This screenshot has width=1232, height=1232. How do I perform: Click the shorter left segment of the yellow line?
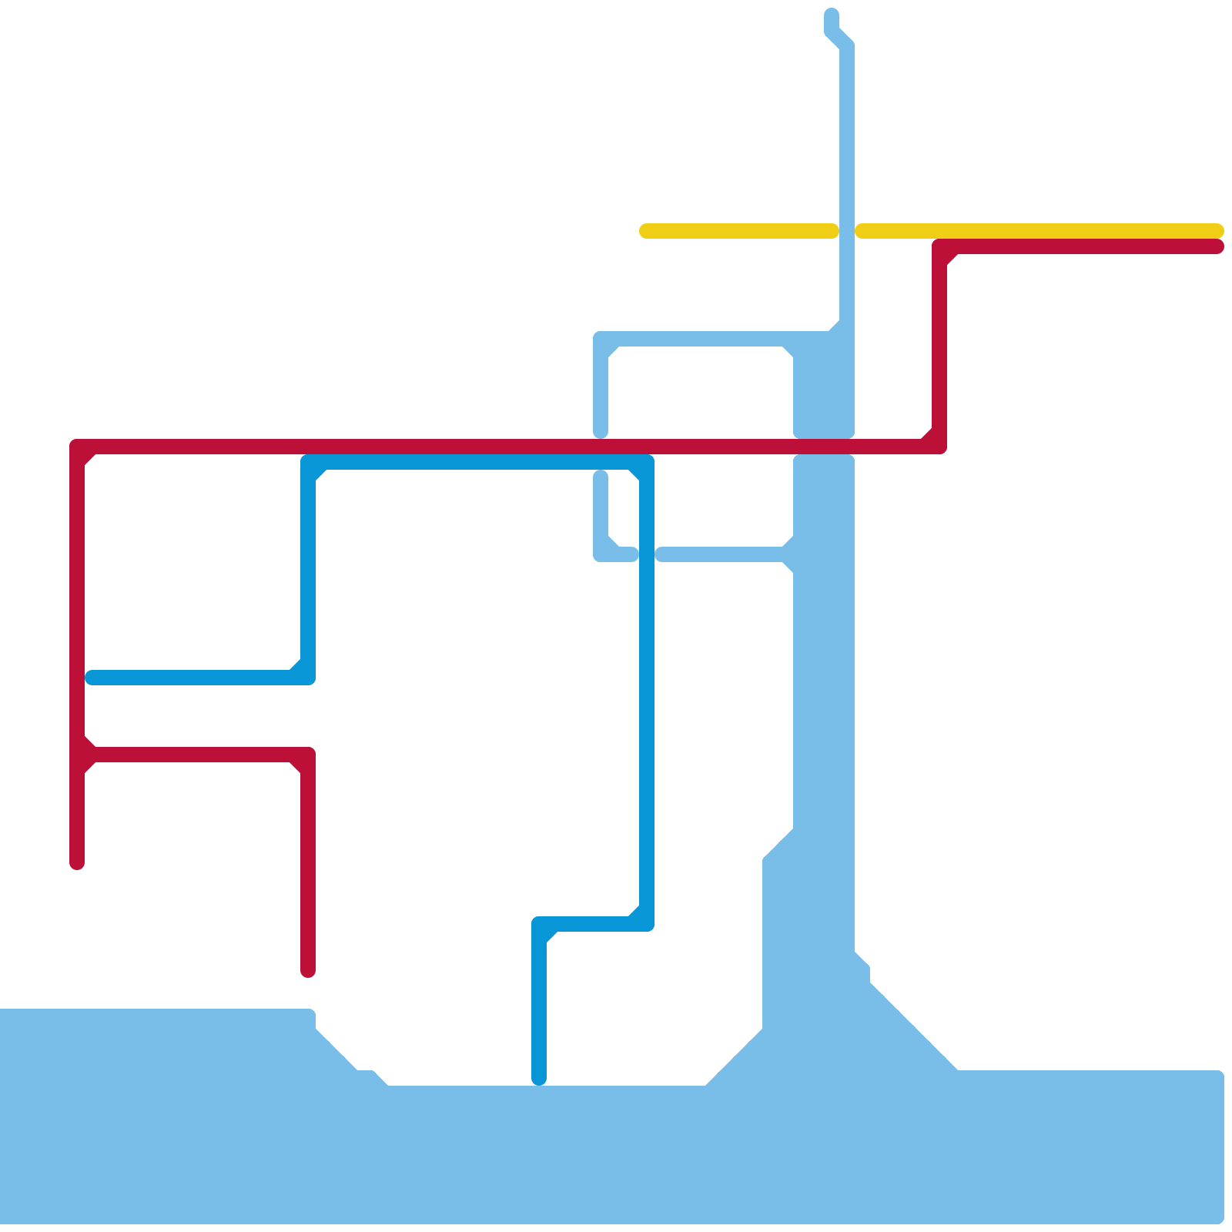739,231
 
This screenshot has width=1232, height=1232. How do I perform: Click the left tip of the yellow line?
645,231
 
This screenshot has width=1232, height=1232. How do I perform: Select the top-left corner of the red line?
77,447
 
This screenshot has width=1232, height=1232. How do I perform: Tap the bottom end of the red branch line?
308,972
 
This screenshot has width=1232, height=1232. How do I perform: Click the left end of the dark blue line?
92,678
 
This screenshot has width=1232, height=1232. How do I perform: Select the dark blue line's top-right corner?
647,462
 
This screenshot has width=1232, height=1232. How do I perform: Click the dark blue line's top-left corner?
308,462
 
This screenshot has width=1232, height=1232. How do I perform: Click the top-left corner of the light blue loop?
601,339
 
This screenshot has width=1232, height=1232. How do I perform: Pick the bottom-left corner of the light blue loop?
601,554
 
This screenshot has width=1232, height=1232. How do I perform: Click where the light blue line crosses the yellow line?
847,231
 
